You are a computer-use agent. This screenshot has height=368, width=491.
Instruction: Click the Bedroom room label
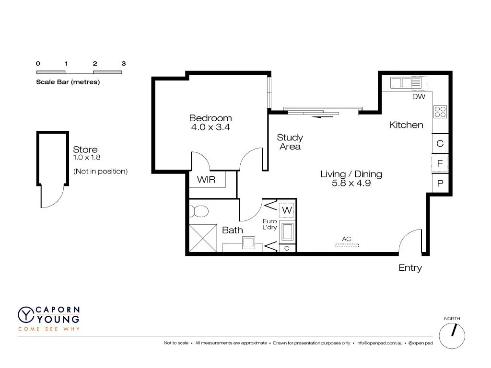click(x=210, y=118)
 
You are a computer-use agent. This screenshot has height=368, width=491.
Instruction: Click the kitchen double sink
click(x=401, y=83)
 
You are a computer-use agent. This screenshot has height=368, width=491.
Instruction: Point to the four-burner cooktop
click(x=440, y=112)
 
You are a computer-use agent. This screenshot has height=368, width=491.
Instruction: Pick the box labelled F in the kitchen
click(x=439, y=163)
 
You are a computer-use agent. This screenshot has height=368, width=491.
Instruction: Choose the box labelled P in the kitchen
click(x=439, y=183)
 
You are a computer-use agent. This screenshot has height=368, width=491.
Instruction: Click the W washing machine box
click(x=287, y=210)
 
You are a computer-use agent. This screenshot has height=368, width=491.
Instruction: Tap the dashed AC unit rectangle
click(x=347, y=245)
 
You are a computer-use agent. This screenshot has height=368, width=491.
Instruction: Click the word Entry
click(x=410, y=268)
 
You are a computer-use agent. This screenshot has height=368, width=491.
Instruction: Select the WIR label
click(x=206, y=180)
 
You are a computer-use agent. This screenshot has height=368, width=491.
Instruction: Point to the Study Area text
click(x=290, y=142)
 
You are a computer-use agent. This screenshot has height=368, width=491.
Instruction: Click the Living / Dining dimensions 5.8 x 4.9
click(x=351, y=183)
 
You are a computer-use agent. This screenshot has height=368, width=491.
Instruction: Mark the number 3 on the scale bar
click(x=124, y=63)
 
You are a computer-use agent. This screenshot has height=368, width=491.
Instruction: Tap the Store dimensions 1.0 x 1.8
click(x=87, y=157)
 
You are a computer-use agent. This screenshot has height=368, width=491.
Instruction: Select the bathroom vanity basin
click(x=248, y=242)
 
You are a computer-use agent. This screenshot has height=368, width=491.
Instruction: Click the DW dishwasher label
click(x=419, y=96)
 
